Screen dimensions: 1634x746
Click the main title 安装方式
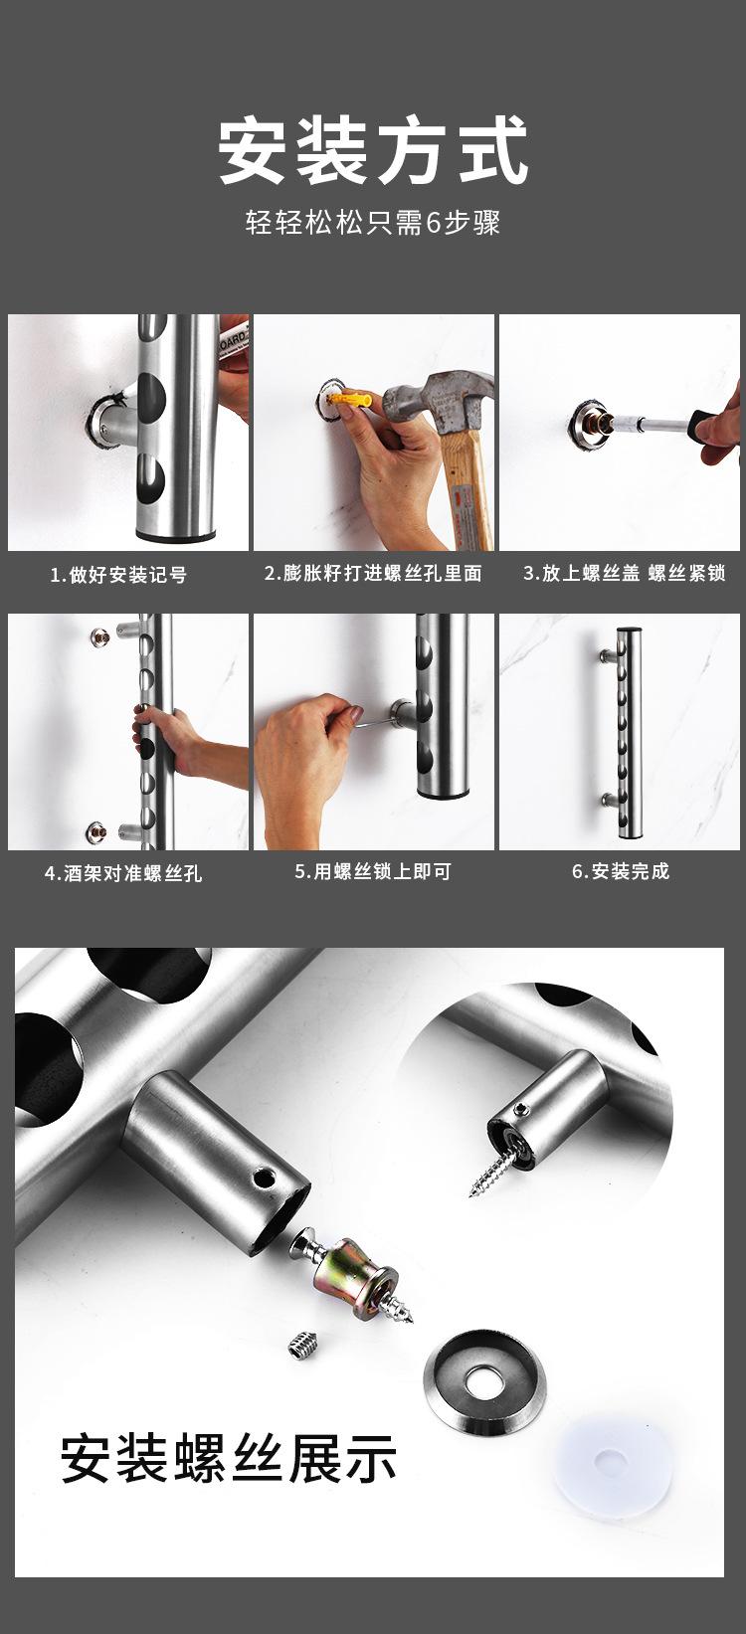point(373,151)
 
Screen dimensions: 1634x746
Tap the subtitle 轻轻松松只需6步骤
point(373,221)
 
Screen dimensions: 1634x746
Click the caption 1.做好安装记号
point(119,575)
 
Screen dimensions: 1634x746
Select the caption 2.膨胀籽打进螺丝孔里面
point(373,574)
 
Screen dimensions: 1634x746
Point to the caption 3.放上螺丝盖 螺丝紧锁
point(625,574)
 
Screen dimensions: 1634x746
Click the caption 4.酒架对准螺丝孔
point(123,873)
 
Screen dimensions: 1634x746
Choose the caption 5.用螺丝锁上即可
point(373,872)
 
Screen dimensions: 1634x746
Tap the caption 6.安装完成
point(621,872)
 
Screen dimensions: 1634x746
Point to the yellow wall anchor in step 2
point(354,402)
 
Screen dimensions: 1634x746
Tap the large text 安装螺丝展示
point(229,1459)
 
